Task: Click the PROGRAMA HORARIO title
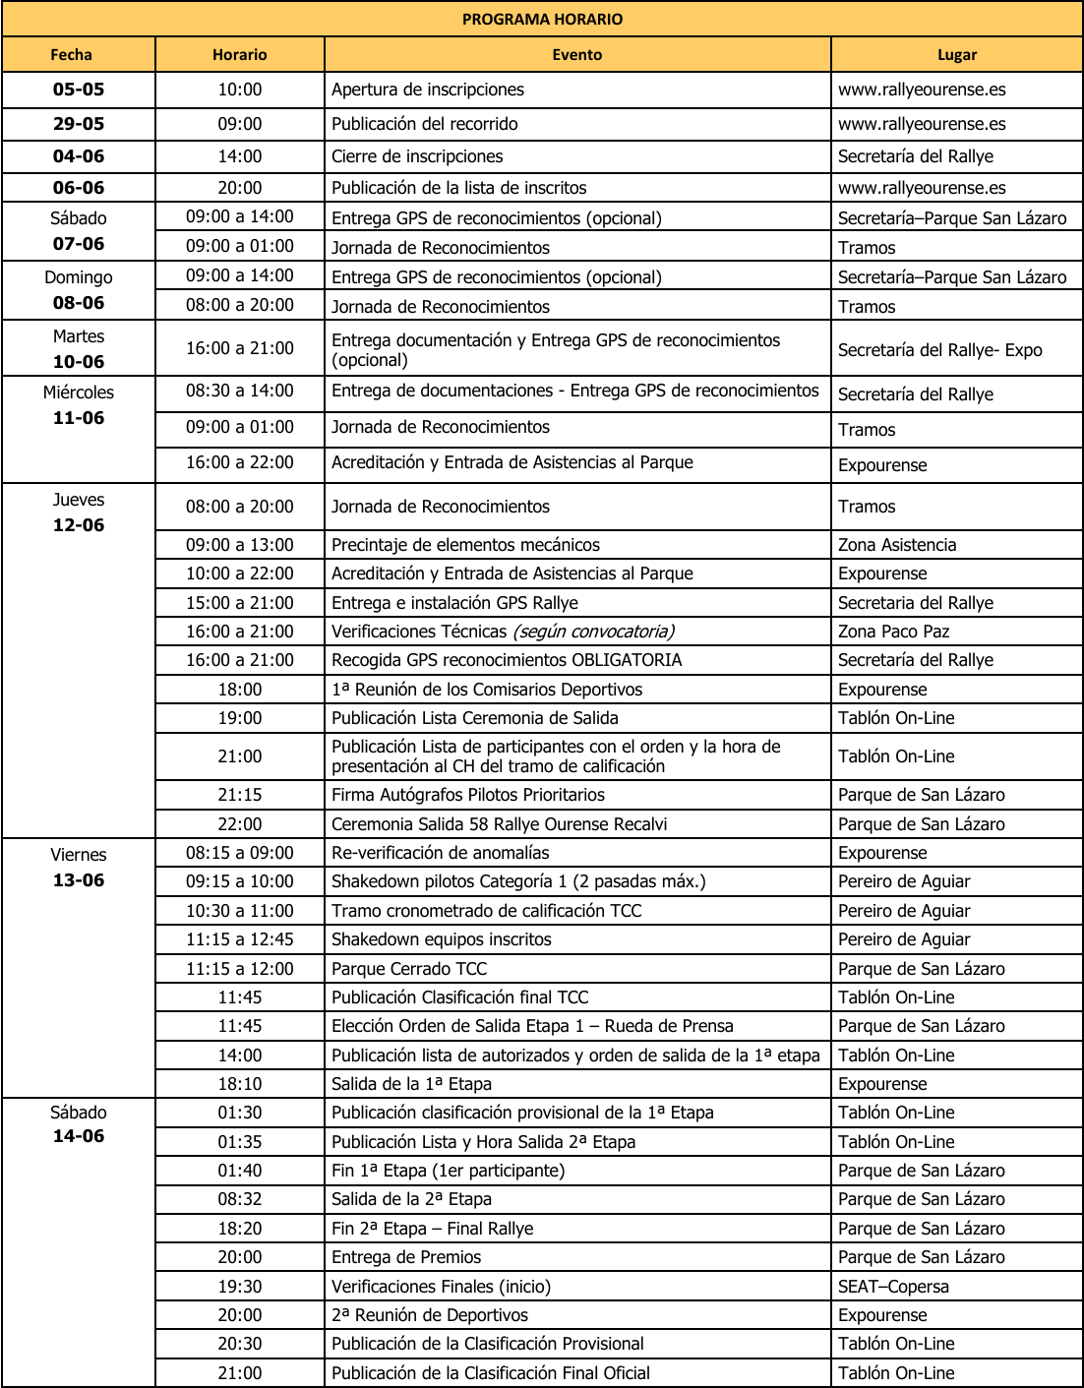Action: pos(542,20)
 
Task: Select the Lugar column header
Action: pos(956,55)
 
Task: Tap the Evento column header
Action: pos(576,55)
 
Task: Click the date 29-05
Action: pos(79,124)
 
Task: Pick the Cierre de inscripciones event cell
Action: pos(417,156)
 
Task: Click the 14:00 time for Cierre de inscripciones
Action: pos(240,156)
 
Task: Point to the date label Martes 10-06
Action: pos(79,349)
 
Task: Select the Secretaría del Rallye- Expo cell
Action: pos(939,350)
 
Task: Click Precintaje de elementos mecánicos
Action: pos(465,545)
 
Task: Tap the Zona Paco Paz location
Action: pos(893,632)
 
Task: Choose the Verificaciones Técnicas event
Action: pos(503,632)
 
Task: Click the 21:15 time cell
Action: pos(240,795)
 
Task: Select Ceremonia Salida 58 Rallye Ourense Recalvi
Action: pos(499,824)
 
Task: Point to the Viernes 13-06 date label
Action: pos(79,868)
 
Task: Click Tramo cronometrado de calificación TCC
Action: pos(486,911)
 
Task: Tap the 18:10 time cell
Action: pos(240,1084)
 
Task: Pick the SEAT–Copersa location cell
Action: pos(893,1287)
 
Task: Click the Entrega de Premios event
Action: pos(406,1257)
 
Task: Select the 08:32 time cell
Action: pos(240,1199)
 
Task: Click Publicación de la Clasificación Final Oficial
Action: pos(490,1373)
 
